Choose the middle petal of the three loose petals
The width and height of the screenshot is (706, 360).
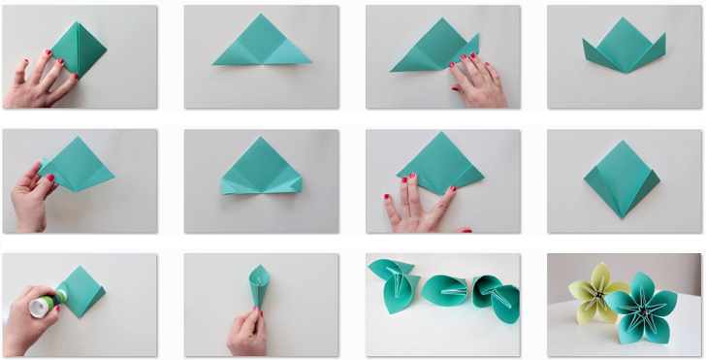click(446, 290)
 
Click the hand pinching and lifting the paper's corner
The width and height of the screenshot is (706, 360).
click(29, 194)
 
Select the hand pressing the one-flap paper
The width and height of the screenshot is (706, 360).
click(475, 82)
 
